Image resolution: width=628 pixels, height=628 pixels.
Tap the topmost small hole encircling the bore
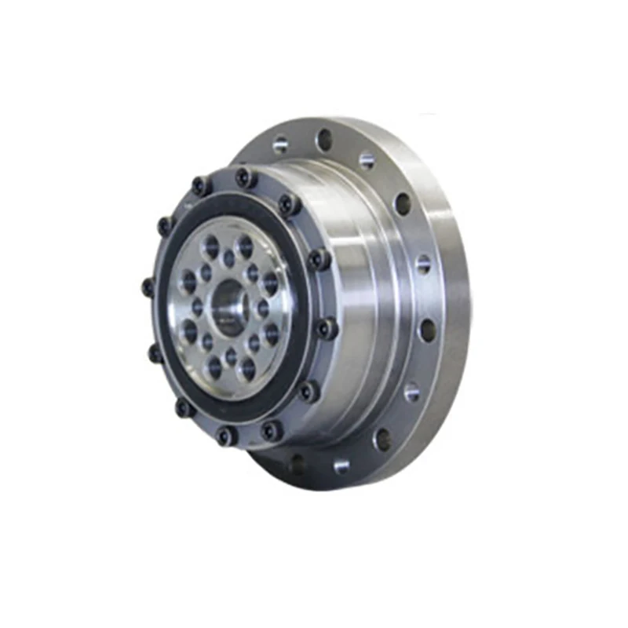228,256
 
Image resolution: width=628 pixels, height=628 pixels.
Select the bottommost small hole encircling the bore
230,357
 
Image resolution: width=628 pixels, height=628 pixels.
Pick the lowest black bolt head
226,435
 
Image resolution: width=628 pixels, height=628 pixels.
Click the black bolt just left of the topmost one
201,187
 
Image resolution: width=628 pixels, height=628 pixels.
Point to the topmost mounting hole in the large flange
323,140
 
